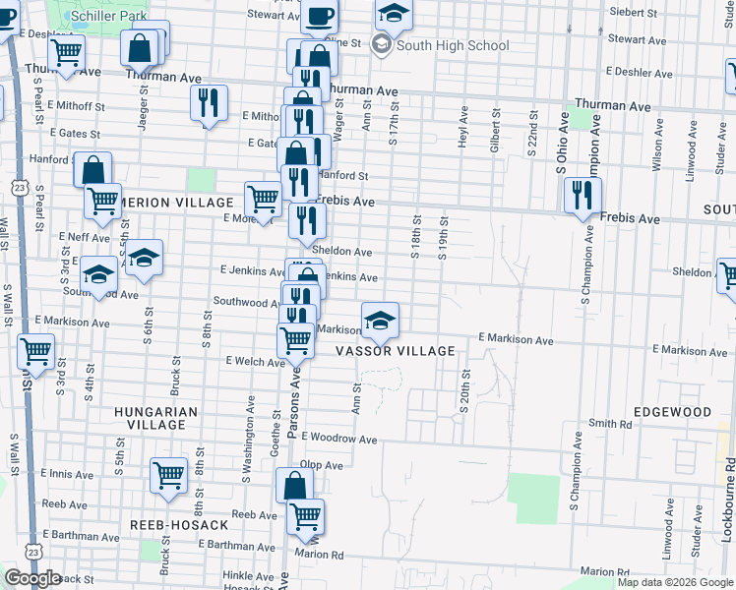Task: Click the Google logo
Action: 32,578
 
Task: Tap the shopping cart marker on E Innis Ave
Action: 168,475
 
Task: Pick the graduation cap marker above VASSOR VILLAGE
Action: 380,319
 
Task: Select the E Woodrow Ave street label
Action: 339,438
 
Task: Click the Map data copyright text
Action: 674,582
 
